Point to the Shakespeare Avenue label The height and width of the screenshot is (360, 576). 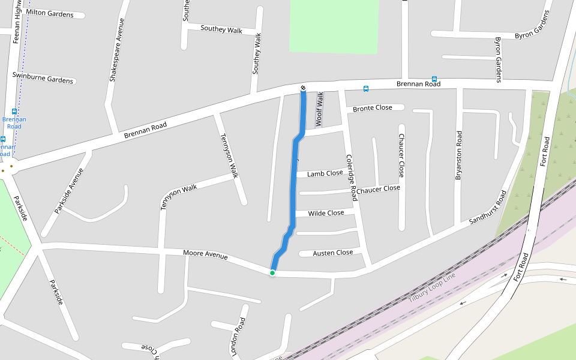pyautogui.click(x=116, y=50)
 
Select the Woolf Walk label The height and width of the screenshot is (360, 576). pyautogui.click(x=320, y=109)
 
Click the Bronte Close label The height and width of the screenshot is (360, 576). pyautogui.click(x=373, y=108)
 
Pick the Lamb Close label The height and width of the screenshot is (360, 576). pyautogui.click(x=325, y=174)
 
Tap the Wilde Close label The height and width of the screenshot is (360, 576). pyautogui.click(x=326, y=213)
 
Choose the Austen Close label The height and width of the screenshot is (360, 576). pyautogui.click(x=333, y=253)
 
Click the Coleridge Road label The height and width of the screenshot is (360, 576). pyautogui.click(x=352, y=178)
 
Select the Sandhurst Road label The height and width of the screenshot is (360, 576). pyautogui.click(x=488, y=208)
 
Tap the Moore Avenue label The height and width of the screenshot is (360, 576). pyautogui.click(x=205, y=256)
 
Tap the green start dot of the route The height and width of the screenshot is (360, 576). pyautogui.click(x=272, y=273)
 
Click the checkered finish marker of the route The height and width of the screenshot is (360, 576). pyautogui.click(x=303, y=89)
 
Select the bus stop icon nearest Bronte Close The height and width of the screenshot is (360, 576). pyautogui.click(x=366, y=89)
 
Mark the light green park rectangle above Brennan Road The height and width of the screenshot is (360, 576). pyautogui.click(x=334, y=25)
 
